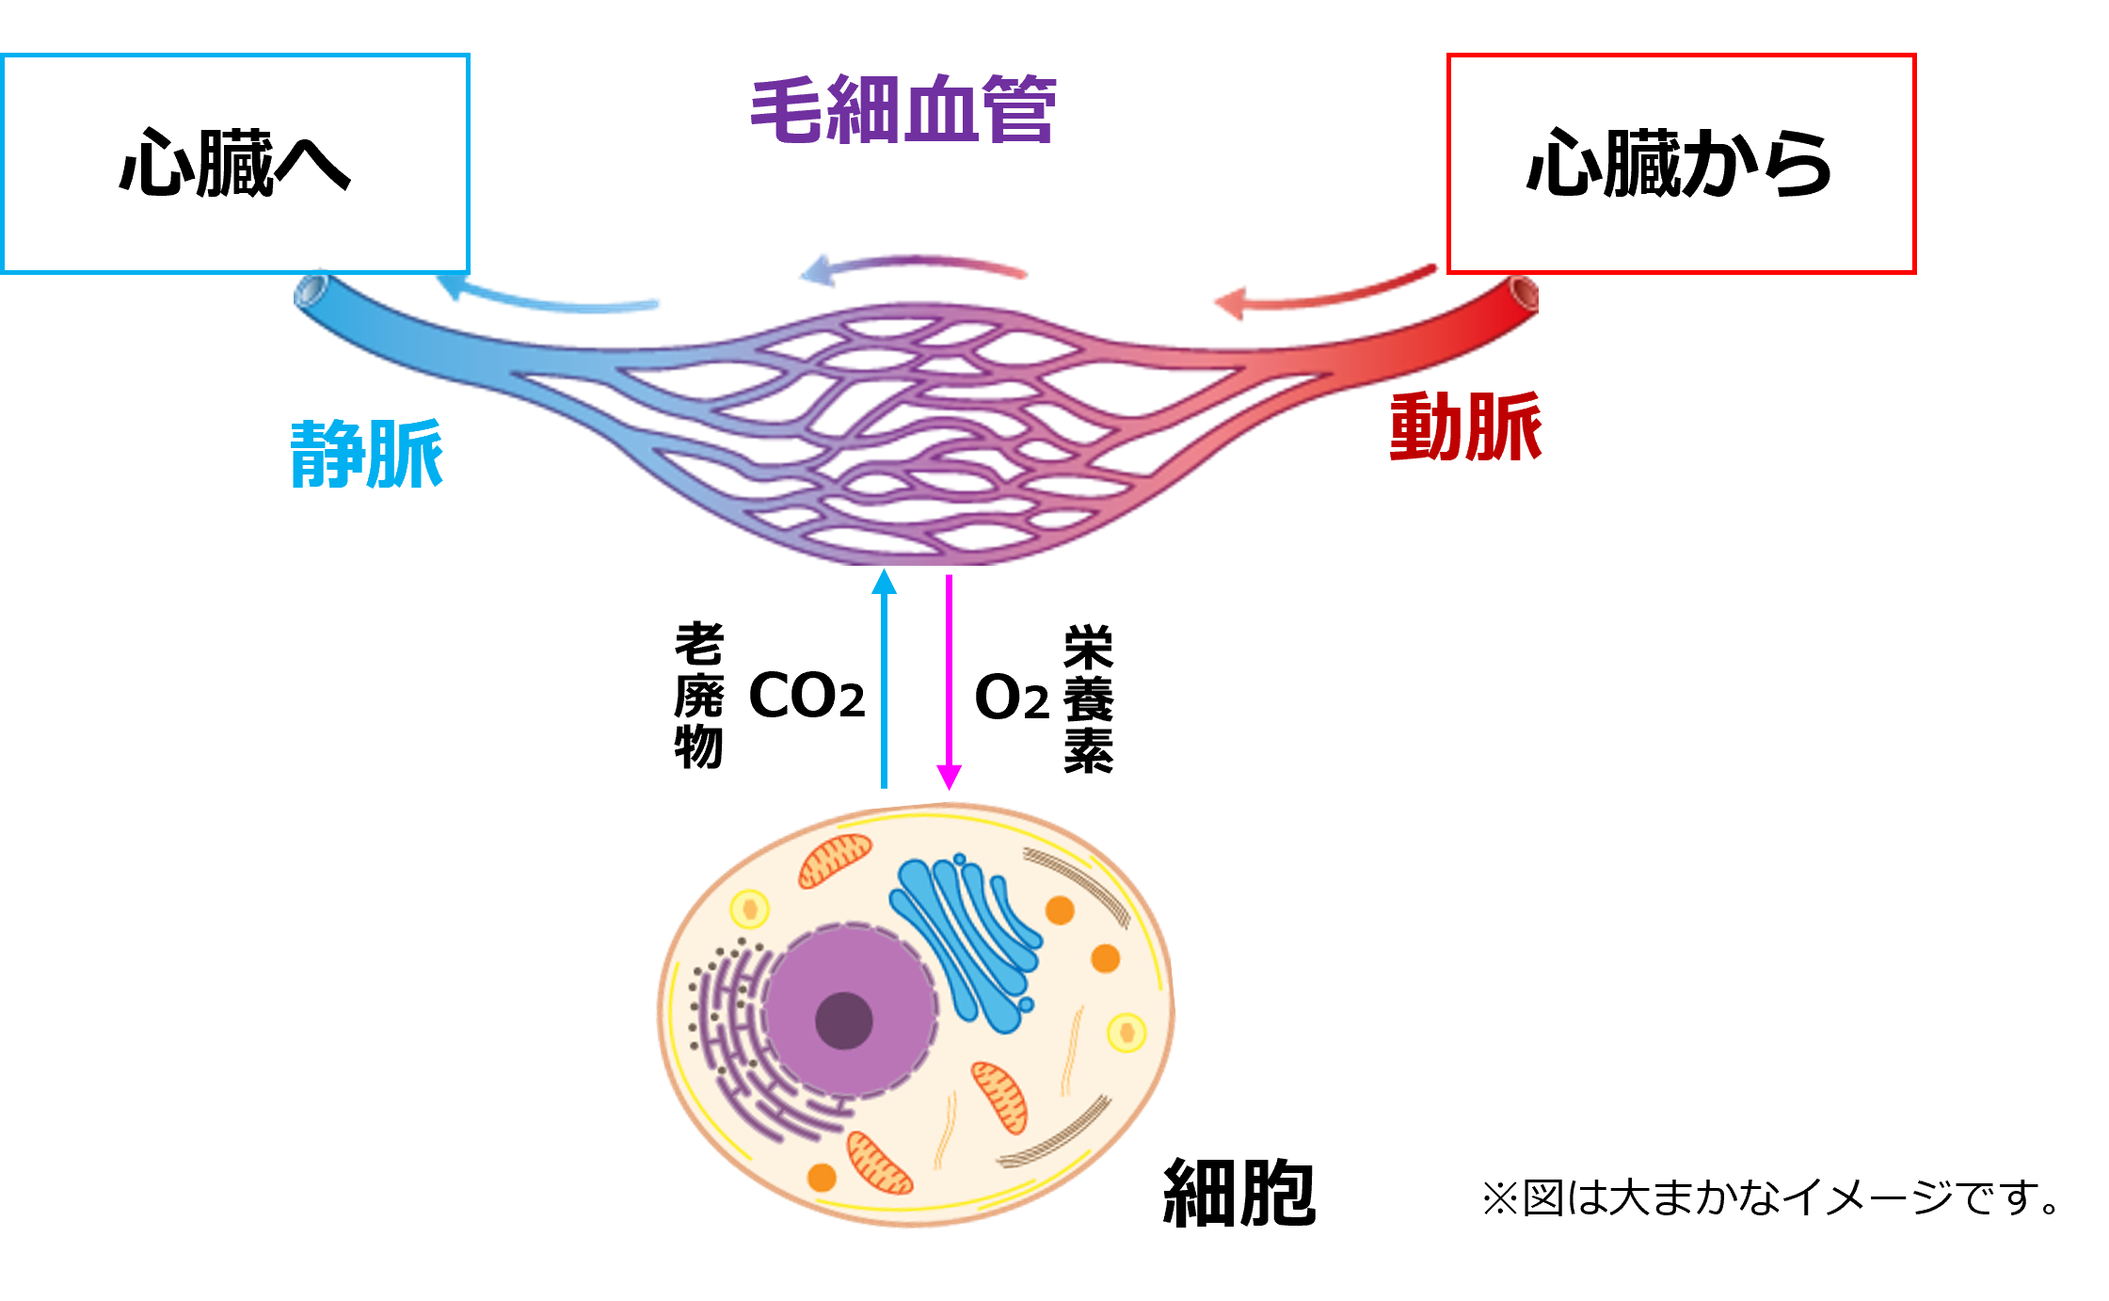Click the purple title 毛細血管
point(903,110)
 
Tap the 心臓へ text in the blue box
point(235,164)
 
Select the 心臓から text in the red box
point(1680,164)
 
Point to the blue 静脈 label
point(367,455)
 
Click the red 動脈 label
point(1465,426)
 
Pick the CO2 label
point(807,696)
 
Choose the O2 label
point(1012,698)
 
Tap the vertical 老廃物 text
point(699,695)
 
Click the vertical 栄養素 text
point(1089,699)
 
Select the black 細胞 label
point(1239,1193)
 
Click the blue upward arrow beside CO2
point(884,678)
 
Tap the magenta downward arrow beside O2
point(949,683)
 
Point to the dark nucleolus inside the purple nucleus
point(844,1020)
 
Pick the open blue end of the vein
point(309,290)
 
